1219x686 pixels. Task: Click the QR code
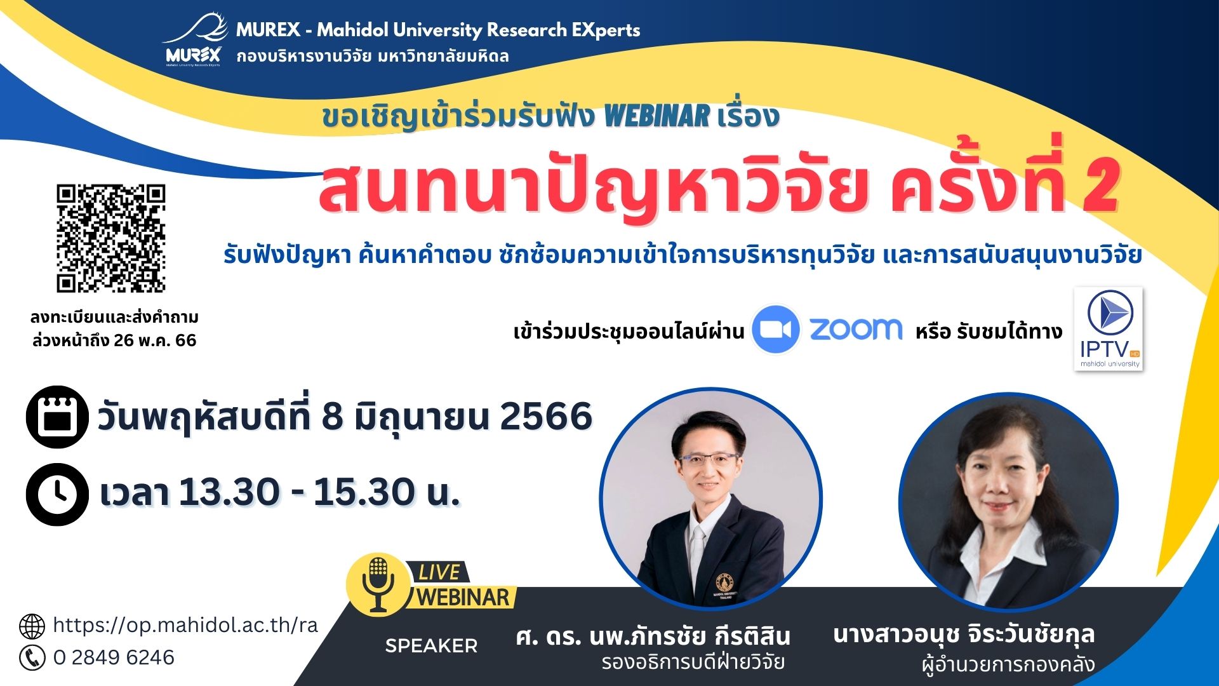point(111,238)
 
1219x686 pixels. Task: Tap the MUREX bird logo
point(194,39)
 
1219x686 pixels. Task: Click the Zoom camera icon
point(775,329)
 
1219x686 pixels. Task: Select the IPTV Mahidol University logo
point(1109,328)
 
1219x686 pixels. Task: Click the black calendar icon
point(57,417)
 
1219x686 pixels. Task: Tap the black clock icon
point(57,494)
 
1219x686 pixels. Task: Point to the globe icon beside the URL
point(32,626)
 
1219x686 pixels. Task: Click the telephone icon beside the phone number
point(32,657)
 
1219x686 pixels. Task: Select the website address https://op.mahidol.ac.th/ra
point(185,626)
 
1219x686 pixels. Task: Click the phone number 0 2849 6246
point(114,657)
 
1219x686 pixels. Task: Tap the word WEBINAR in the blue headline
point(656,116)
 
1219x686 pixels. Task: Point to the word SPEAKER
point(431,646)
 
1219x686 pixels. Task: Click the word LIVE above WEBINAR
point(439,572)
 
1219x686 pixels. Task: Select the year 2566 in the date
point(546,417)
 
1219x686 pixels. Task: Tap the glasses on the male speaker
point(708,459)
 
